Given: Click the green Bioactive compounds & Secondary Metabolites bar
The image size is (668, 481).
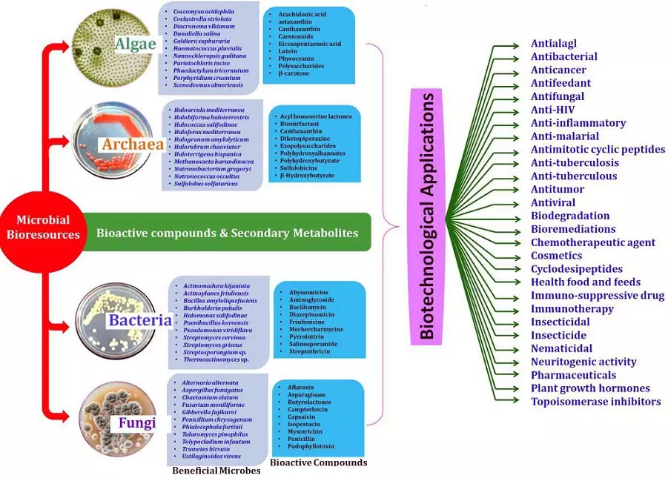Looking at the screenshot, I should (x=227, y=233).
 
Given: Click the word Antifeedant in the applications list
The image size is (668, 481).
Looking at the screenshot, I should (x=560, y=83).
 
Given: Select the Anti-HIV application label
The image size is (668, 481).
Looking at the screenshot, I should (x=552, y=110).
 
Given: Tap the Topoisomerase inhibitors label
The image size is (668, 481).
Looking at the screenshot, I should (x=595, y=402).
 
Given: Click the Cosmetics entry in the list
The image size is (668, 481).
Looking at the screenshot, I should (x=556, y=256).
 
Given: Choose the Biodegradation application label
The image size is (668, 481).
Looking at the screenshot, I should (x=570, y=216).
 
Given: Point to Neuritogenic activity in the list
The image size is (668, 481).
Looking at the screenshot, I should (x=583, y=362).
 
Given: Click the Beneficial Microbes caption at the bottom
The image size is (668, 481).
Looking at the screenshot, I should (x=216, y=471).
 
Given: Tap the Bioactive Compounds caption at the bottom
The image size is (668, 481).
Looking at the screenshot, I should (x=318, y=462).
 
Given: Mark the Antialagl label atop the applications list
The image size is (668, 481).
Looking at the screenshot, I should (x=553, y=43).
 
